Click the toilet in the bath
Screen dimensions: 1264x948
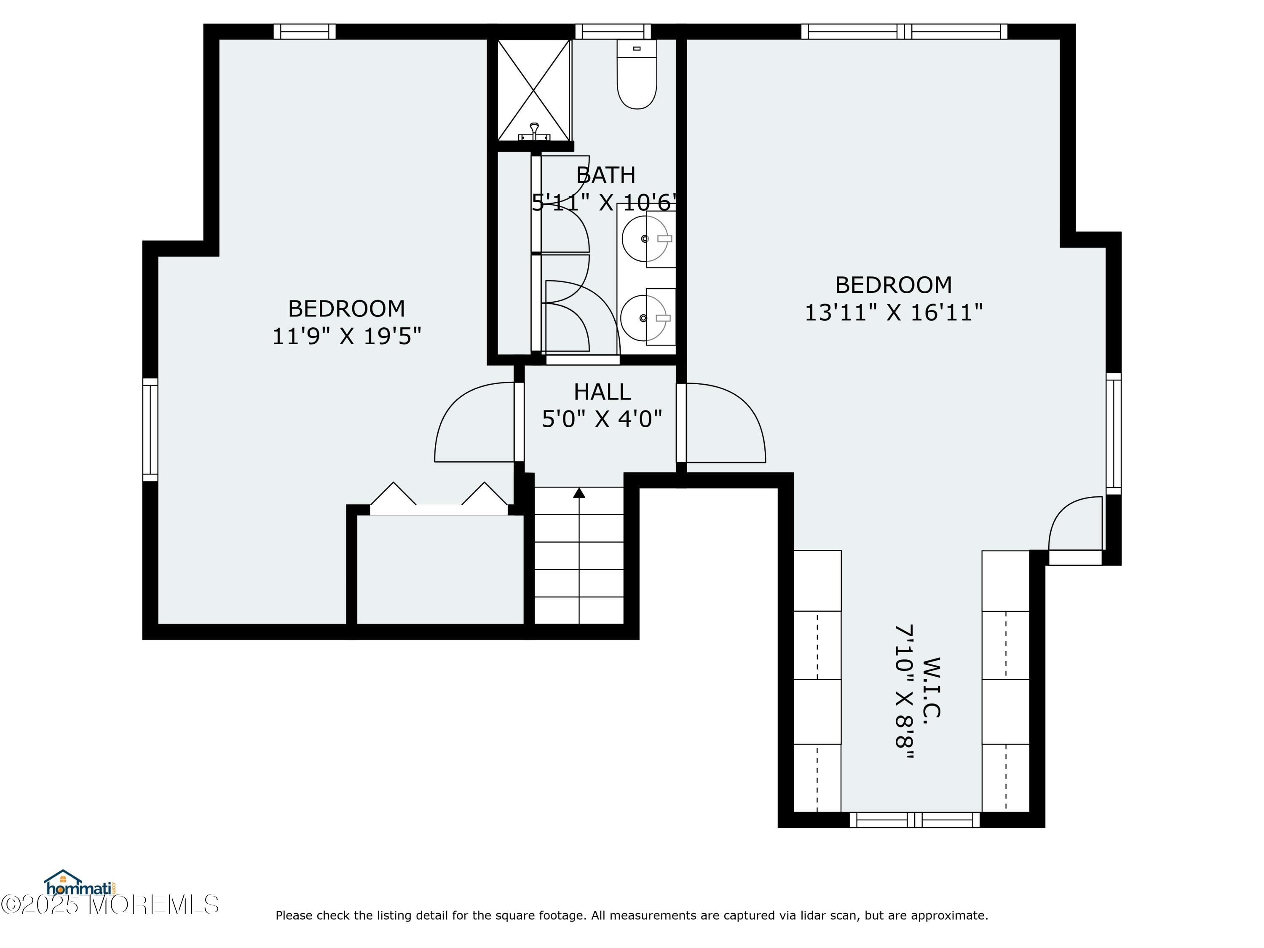point(637,74)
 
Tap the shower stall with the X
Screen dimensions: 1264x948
point(534,90)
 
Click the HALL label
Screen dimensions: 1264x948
point(602,392)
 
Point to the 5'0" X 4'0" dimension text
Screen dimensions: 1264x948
point(602,419)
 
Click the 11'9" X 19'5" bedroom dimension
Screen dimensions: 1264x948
point(346,336)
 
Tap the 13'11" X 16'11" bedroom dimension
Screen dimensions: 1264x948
point(894,313)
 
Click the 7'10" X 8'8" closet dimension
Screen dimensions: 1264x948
point(904,691)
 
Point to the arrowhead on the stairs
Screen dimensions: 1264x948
point(579,493)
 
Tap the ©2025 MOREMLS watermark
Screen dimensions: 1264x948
point(110,905)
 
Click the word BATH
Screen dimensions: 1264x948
point(606,175)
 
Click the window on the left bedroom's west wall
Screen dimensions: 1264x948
point(150,429)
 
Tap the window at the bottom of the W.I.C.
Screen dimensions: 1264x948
point(915,820)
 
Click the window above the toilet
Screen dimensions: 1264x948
point(613,32)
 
